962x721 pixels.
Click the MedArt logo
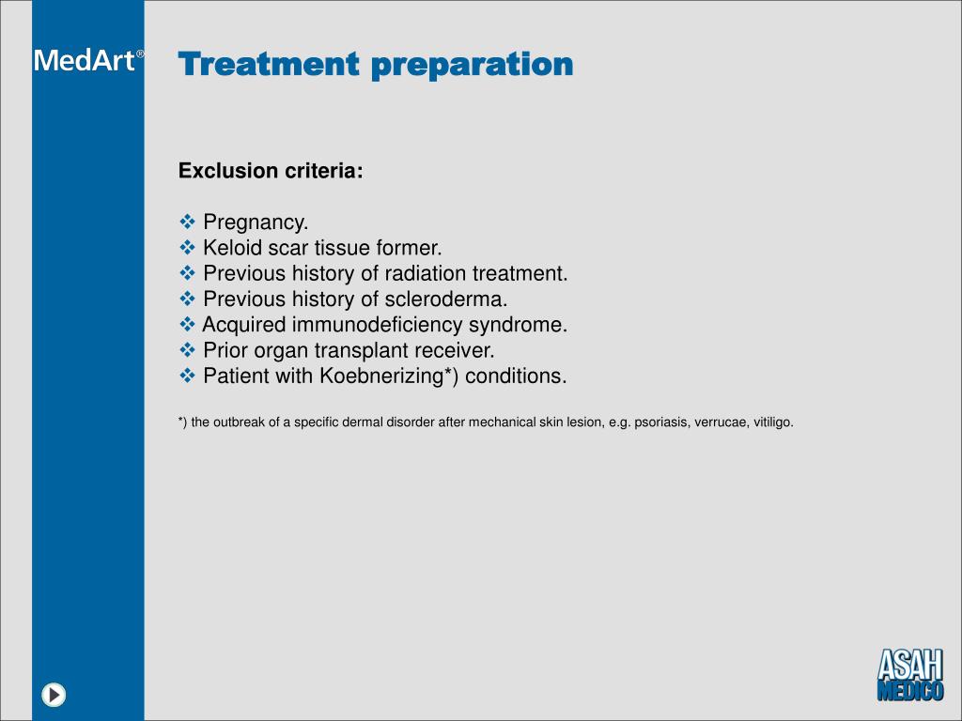click(88, 61)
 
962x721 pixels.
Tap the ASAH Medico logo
click(909, 673)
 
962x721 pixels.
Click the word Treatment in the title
click(269, 65)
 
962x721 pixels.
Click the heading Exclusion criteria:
click(271, 171)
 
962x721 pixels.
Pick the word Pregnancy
click(256, 222)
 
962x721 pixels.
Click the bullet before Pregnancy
click(187, 222)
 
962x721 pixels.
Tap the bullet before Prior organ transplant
click(187, 350)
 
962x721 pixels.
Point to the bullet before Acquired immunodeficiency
click(187, 325)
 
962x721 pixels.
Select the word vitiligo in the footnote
click(773, 422)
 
